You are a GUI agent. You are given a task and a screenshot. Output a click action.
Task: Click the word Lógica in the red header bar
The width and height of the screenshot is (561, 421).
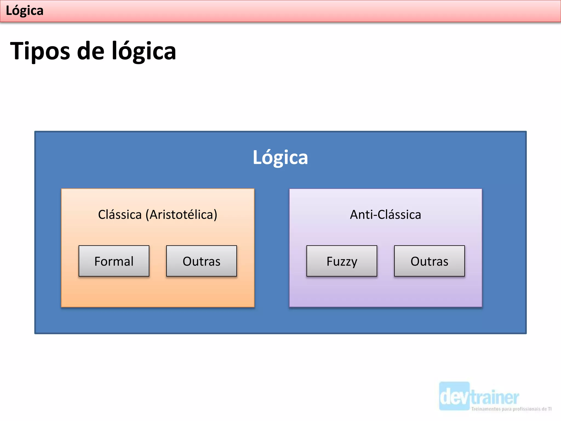(x=24, y=11)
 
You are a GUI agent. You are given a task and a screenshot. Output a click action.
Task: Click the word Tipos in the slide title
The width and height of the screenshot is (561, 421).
(x=40, y=51)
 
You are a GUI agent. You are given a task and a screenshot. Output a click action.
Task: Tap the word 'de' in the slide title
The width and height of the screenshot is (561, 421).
(x=91, y=51)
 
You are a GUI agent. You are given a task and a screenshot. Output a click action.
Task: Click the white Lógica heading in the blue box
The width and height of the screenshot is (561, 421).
(x=280, y=158)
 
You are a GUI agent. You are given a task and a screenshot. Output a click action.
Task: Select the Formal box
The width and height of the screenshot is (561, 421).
(x=114, y=261)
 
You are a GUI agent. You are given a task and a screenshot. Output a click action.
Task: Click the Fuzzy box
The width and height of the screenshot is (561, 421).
(x=342, y=261)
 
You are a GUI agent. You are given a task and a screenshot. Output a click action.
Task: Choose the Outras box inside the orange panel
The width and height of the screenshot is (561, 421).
(x=201, y=261)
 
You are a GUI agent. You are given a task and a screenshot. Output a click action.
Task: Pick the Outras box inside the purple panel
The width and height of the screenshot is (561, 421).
(x=429, y=261)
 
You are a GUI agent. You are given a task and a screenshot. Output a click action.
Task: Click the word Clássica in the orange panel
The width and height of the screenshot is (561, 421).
(x=120, y=215)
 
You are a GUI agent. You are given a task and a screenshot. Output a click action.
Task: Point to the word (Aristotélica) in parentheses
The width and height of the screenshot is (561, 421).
(x=181, y=215)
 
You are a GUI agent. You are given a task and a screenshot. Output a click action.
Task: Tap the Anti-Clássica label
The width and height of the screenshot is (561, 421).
(x=385, y=215)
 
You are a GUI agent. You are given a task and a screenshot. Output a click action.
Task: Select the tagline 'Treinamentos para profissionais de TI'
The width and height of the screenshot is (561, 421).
(x=511, y=409)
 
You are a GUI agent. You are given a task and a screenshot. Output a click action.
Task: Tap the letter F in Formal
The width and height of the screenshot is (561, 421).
(x=98, y=261)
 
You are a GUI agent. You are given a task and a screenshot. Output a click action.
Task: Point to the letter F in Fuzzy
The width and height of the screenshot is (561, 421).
(x=330, y=261)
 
